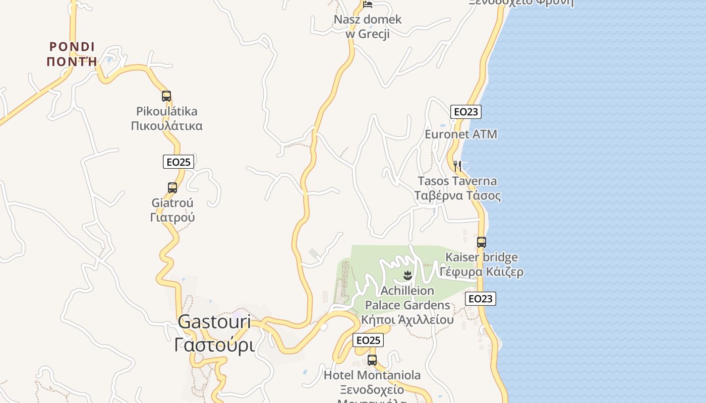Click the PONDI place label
[72, 47]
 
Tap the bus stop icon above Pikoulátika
[166, 96]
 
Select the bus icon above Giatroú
[172, 188]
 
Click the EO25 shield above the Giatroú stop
[179, 162]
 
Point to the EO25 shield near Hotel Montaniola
[368, 340]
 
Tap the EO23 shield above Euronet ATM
[465, 112]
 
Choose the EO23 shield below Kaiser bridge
[480, 299]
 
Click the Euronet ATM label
[461, 135]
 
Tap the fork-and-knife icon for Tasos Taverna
[457, 165]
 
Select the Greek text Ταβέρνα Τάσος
[457, 195]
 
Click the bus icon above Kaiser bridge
[482, 242]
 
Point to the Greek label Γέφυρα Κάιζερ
[481, 272]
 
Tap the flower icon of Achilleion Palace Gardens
[407, 276]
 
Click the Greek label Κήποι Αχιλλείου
[407, 319]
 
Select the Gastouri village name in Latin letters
[214, 321]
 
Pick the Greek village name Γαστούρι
[214, 345]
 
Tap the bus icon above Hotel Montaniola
[372, 360]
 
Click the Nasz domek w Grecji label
[368, 27]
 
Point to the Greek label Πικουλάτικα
[166, 125]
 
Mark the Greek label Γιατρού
[172, 218]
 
